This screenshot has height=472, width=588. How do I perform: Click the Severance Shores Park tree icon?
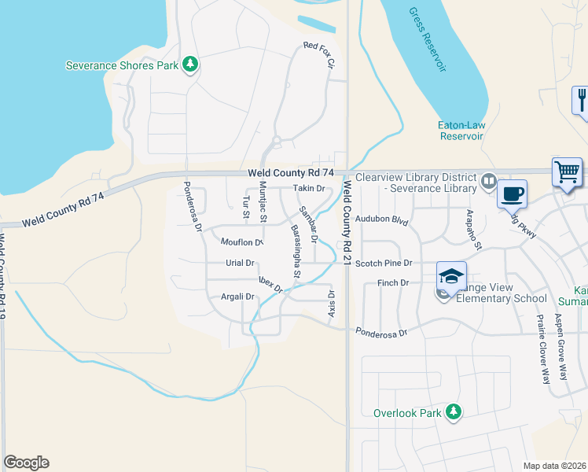pyautogui.click(x=189, y=65)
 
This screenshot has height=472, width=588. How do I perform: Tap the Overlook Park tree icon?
pyautogui.click(x=453, y=411)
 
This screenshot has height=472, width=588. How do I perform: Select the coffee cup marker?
pyautogui.click(x=513, y=193)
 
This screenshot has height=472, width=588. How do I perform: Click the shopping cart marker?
pyautogui.click(x=567, y=171)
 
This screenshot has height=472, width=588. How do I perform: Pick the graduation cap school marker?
pyautogui.click(x=451, y=276)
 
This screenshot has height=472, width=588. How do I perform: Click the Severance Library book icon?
pyautogui.click(x=489, y=183)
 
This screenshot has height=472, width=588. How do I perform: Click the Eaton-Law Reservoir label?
pyautogui.click(x=460, y=130)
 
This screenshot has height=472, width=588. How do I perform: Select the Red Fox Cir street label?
pyautogui.click(x=320, y=55)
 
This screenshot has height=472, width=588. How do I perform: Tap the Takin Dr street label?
pyautogui.click(x=309, y=189)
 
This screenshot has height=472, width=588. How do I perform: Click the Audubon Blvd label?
pyautogui.click(x=382, y=222)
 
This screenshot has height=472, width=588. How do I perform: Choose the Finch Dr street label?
pyautogui.click(x=393, y=282)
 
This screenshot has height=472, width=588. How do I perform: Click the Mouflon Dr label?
pyautogui.click(x=241, y=242)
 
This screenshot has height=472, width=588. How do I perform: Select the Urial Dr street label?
pyautogui.click(x=241, y=264)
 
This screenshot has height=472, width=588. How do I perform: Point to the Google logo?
pyautogui.click(x=26, y=463)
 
